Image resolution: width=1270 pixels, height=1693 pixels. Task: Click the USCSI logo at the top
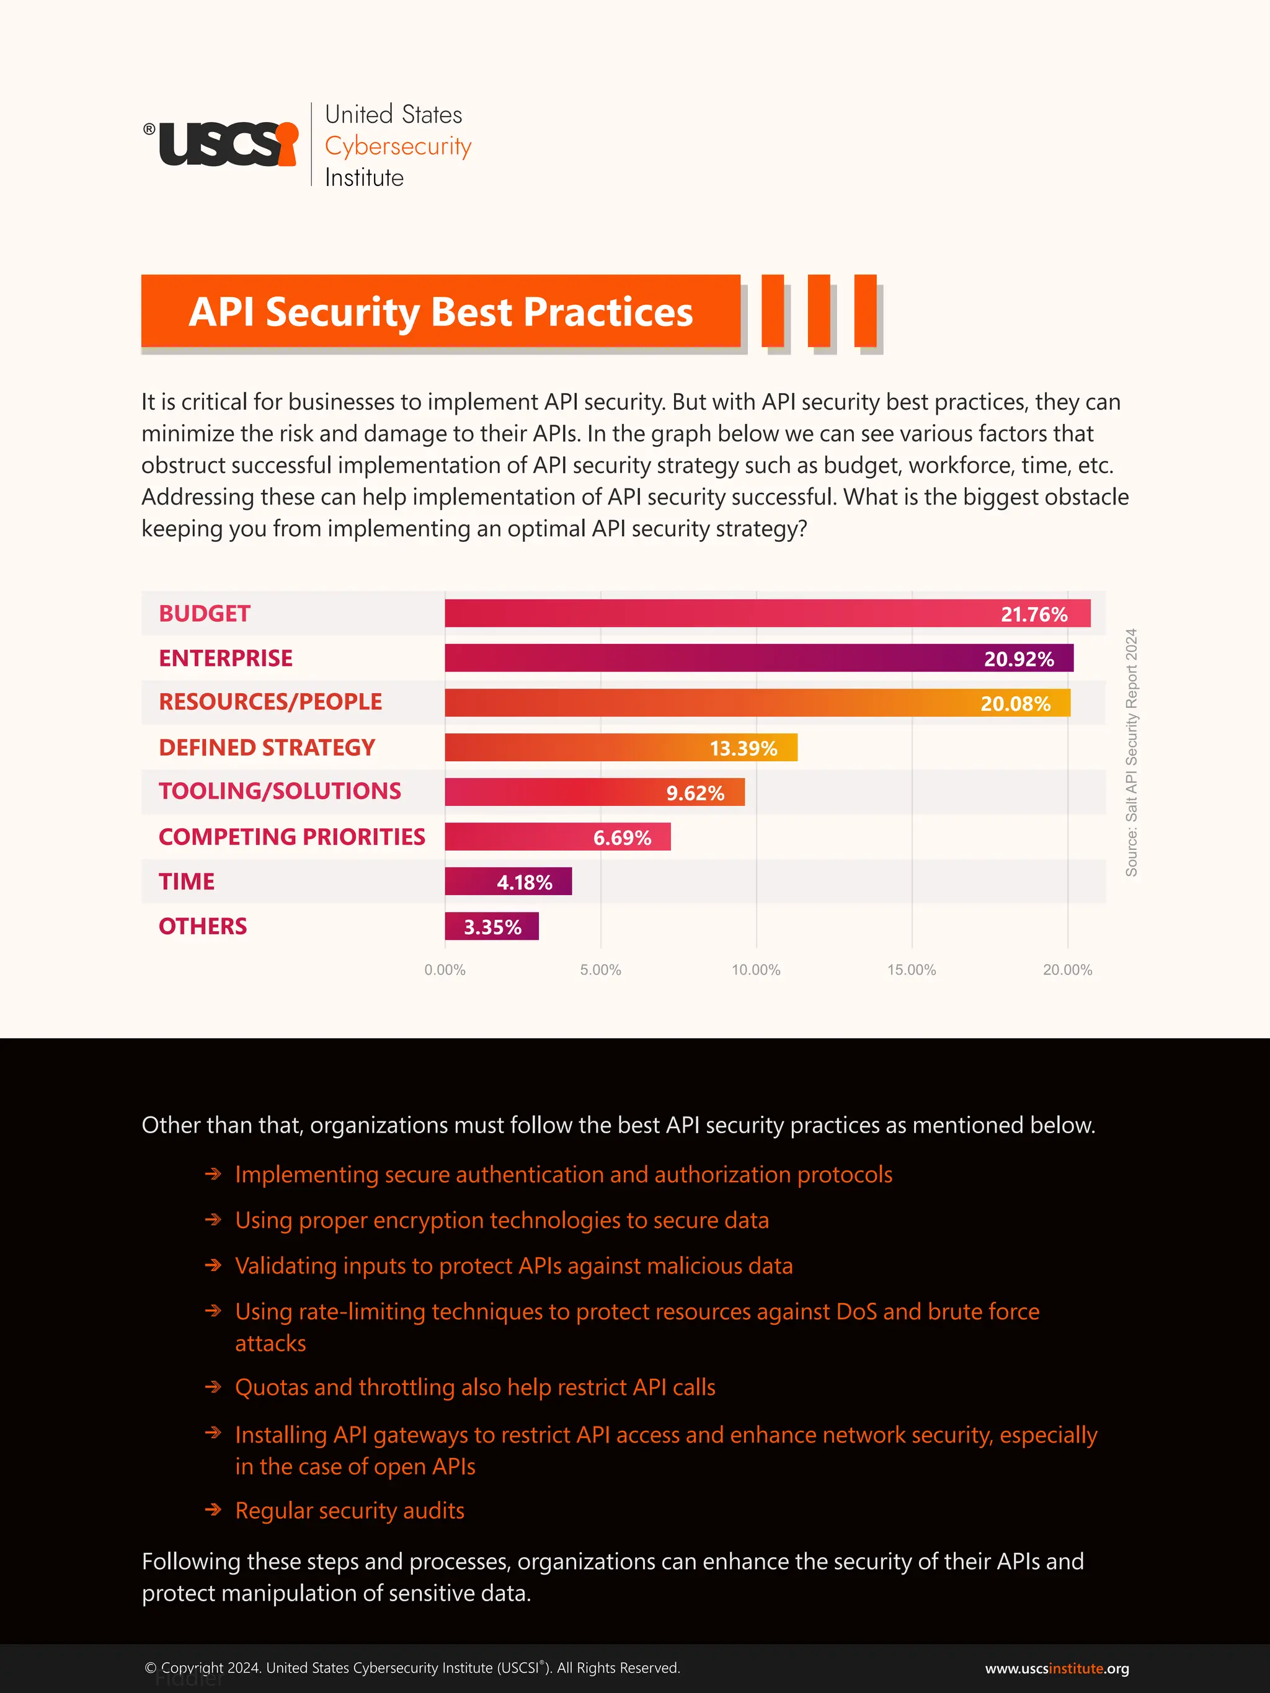222,143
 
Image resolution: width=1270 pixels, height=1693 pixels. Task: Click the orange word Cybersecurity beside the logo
397,146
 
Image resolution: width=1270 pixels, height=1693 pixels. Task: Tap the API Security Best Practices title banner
440,311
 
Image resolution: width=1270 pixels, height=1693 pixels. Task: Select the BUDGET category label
205,613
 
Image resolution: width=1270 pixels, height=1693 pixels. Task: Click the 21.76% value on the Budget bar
1034,614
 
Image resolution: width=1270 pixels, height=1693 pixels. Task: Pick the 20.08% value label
1015,704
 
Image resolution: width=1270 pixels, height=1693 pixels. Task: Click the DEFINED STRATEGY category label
267,747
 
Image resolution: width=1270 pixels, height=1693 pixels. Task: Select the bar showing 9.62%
594,792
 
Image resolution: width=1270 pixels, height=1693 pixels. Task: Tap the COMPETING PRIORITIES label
291,836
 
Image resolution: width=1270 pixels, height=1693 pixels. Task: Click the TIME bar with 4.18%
508,882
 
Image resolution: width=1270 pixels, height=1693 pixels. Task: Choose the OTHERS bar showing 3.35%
492,927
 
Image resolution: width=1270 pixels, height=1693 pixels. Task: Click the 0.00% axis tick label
445,970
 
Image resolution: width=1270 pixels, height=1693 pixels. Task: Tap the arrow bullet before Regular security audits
213,1510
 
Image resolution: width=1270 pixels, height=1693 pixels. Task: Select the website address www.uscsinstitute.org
1057,1668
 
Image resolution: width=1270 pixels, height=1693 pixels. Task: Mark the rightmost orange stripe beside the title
865,311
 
